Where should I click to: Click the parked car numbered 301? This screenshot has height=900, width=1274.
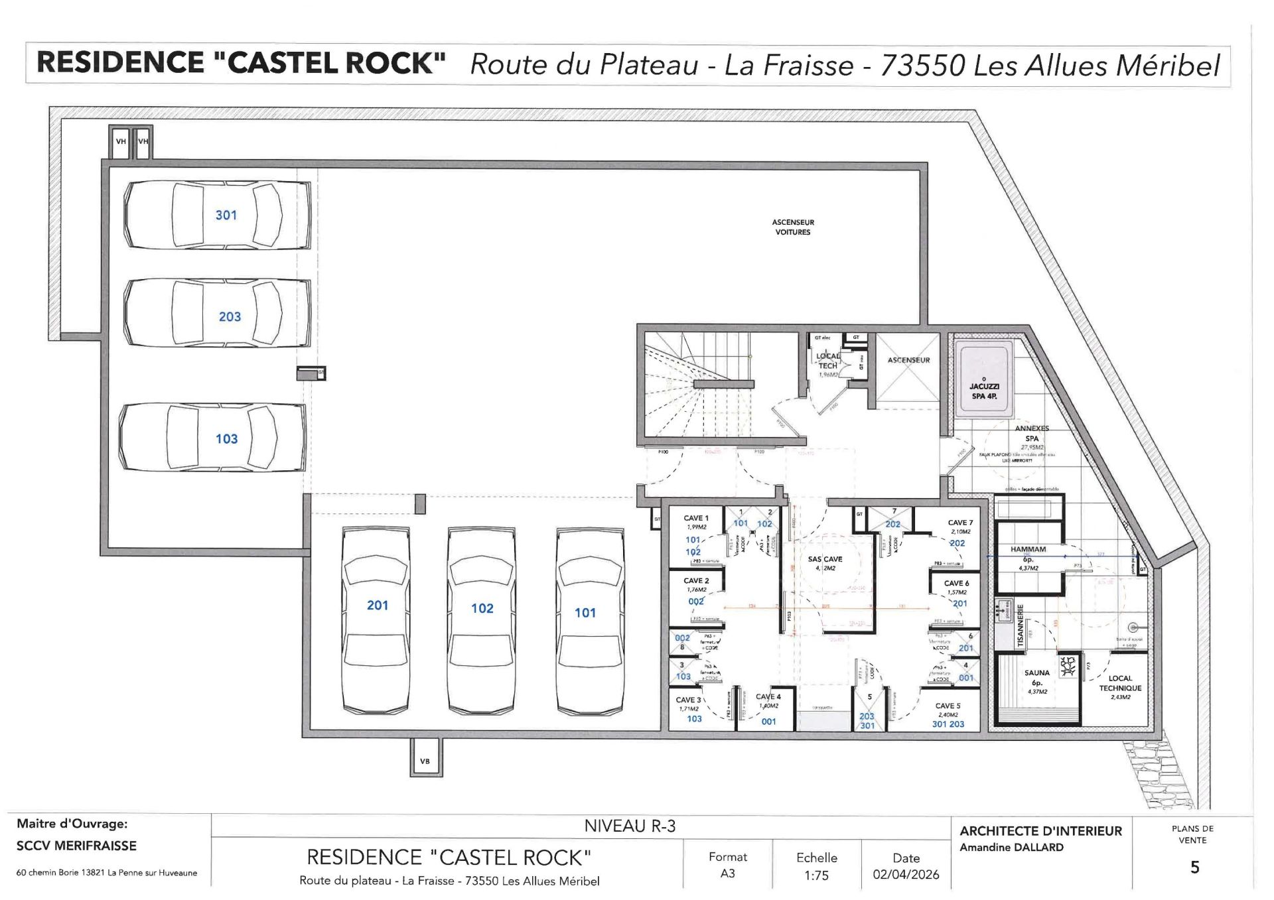point(218,215)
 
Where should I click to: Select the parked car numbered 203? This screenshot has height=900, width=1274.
point(218,312)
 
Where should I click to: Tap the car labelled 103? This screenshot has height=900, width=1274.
point(212,438)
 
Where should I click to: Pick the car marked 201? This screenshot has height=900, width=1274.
point(376,620)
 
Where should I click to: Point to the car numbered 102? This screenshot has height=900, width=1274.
point(482,620)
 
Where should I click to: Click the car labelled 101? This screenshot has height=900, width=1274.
point(590,620)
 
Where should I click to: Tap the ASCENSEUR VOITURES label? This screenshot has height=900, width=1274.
point(792,227)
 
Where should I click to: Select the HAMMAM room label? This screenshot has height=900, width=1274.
point(1028,549)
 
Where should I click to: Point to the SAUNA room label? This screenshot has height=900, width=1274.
point(1036,673)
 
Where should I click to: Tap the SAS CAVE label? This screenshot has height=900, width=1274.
point(825,559)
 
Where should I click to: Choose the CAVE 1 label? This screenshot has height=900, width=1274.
point(696,518)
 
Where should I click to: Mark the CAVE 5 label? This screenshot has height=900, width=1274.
point(948,706)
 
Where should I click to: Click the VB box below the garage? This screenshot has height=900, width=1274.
point(425,761)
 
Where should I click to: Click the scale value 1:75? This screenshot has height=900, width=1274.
point(816,875)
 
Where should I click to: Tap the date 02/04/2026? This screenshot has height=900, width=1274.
point(906,875)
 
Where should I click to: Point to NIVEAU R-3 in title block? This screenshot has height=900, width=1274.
point(630,826)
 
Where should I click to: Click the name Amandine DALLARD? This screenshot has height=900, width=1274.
point(1011,847)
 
